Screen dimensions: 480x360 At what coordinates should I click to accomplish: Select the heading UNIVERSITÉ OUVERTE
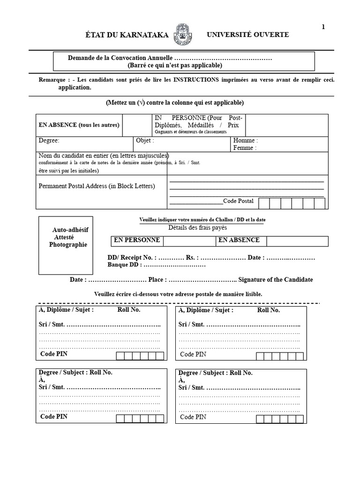248,35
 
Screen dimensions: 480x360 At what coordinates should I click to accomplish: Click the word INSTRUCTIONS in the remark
196,80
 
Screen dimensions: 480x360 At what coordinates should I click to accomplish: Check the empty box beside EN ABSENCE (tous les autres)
136,125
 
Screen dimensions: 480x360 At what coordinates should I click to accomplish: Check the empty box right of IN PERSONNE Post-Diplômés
286,125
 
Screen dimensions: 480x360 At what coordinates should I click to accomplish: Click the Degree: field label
49,140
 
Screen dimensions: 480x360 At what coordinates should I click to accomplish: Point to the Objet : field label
145,140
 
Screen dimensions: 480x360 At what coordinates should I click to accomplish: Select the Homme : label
245,140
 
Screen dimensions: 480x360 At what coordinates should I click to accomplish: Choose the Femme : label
245,148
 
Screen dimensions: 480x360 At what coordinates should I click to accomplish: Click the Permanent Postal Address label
97,186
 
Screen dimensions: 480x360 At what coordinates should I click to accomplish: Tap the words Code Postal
238,201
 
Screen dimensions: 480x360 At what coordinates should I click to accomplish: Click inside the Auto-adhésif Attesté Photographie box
66,245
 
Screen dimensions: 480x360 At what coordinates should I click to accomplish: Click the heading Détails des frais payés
197,228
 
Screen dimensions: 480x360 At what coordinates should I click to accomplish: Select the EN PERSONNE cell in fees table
136,240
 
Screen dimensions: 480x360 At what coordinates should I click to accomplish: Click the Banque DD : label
124,265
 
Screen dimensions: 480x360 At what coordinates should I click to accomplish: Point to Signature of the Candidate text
275,279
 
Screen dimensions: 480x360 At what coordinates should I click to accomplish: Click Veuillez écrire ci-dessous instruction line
178,294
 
